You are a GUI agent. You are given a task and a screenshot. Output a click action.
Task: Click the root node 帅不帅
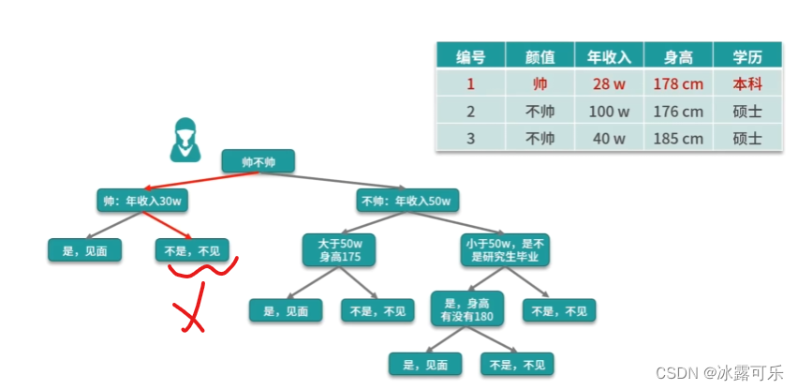tap(259, 160)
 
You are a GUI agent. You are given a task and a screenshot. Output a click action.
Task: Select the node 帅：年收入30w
tap(140, 200)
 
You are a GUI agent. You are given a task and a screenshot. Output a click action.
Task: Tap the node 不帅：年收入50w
tap(406, 200)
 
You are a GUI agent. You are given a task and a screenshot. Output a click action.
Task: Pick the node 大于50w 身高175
tap(339, 250)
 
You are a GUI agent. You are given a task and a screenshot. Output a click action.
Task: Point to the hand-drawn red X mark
tap(189, 317)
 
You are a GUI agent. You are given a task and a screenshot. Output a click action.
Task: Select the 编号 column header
tap(470, 56)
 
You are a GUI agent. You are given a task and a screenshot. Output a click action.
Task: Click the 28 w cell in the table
tap(609, 83)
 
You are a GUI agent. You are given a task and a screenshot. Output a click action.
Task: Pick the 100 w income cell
tap(609, 112)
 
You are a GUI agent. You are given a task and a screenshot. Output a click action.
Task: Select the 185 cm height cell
tap(678, 139)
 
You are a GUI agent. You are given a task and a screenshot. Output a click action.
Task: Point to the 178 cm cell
tap(678, 83)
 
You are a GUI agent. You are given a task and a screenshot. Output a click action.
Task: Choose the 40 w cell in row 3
tap(609, 139)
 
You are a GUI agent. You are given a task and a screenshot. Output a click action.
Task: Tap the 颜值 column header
tap(539, 56)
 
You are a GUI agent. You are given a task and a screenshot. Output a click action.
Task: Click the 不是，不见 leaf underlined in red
tap(192, 250)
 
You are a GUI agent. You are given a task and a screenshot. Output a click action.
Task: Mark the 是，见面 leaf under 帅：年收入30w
tap(85, 250)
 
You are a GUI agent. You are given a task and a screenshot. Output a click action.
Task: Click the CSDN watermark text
tap(719, 372)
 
